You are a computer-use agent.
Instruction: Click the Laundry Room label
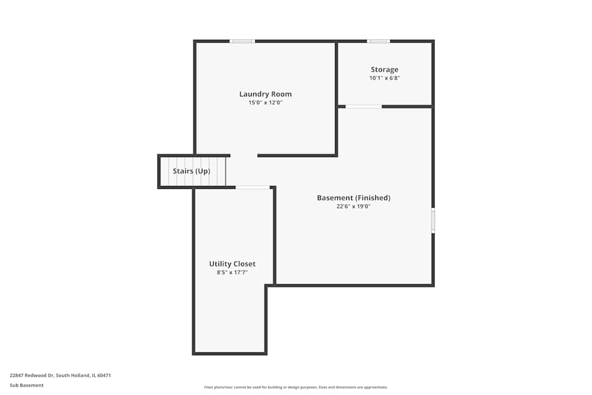pyautogui.click(x=265, y=94)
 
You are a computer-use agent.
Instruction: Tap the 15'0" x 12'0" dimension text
pyautogui.click(x=265, y=103)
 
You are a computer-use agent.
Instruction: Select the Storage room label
pyautogui.click(x=385, y=70)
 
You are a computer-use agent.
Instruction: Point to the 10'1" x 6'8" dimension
pyautogui.click(x=385, y=78)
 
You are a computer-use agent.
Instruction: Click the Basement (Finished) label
pyautogui.click(x=353, y=198)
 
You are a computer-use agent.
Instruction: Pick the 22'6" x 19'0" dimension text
pyautogui.click(x=353, y=207)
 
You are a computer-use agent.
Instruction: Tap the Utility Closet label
pyautogui.click(x=232, y=264)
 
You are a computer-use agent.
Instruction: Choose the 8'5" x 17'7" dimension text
pyautogui.click(x=232, y=272)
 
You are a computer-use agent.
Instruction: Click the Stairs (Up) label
pyautogui.click(x=191, y=171)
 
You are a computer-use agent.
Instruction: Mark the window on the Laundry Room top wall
pyautogui.click(x=242, y=41)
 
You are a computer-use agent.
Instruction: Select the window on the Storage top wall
pyautogui.click(x=378, y=41)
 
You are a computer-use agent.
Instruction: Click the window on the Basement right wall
pyautogui.click(x=433, y=220)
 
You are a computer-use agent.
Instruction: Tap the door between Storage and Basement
pyautogui.click(x=363, y=107)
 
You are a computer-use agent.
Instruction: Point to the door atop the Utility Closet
pyautogui.click(x=253, y=187)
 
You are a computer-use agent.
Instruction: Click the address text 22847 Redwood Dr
pyautogui.click(x=32, y=375)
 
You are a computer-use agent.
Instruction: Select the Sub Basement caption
pyautogui.click(x=27, y=385)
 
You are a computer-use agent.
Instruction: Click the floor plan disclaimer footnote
pyautogui.click(x=296, y=387)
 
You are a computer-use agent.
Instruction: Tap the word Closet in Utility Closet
pyautogui.click(x=244, y=264)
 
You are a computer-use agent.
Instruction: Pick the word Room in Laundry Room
pyautogui.click(x=281, y=94)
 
